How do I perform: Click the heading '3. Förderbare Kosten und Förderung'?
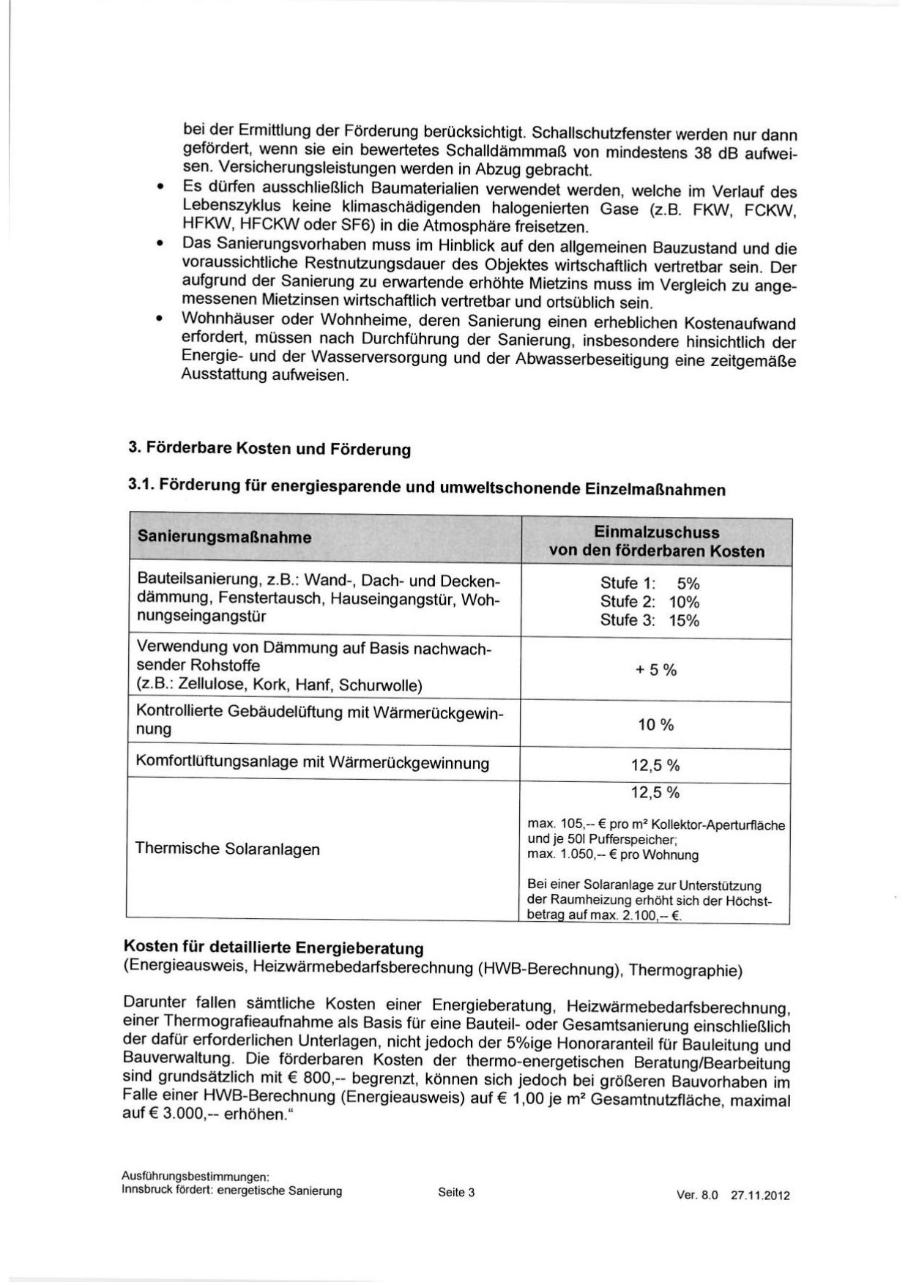click(x=269, y=449)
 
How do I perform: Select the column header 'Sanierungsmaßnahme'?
click(x=224, y=537)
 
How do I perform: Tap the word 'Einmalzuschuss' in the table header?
click(x=656, y=533)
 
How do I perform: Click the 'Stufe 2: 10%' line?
click(x=650, y=602)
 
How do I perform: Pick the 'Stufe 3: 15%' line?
click(x=650, y=621)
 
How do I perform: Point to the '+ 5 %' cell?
click(x=655, y=670)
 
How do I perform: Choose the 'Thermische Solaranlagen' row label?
click(x=227, y=849)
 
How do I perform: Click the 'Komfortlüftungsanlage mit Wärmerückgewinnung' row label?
click(x=312, y=763)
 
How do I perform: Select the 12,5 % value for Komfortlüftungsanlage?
click(x=655, y=766)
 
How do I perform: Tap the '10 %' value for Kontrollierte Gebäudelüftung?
click(x=655, y=726)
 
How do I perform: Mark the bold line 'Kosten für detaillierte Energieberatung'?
click(x=274, y=948)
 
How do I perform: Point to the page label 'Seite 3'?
click(x=456, y=1193)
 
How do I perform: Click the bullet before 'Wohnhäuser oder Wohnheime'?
click(x=159, y=320)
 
